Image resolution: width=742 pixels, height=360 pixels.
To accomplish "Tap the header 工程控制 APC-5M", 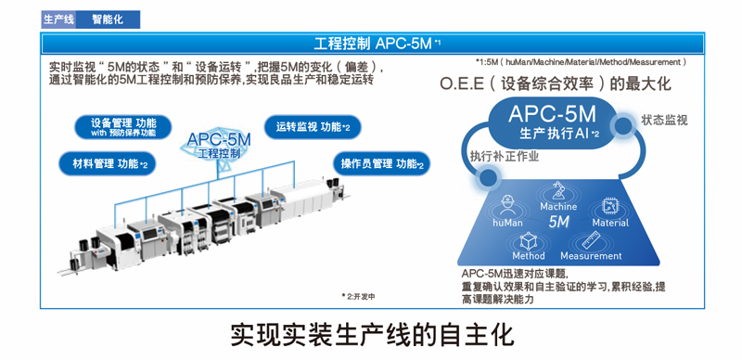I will coord(370,44).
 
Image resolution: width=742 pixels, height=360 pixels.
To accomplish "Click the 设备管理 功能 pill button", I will coord(123,127).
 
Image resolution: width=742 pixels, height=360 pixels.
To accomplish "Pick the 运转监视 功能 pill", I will coord(312,126).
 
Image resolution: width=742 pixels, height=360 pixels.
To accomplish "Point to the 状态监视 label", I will coord(664,121).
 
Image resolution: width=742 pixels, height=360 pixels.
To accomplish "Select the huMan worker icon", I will coord(507,203).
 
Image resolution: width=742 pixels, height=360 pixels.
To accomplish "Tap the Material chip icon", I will coord(610,205).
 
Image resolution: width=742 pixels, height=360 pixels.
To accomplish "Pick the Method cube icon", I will coord(529,238).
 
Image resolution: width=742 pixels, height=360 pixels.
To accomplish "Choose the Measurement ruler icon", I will coord(591,238).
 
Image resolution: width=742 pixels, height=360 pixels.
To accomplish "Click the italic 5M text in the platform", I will coord(558,223).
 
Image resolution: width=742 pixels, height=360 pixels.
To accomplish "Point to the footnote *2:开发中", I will coord(358,297).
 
